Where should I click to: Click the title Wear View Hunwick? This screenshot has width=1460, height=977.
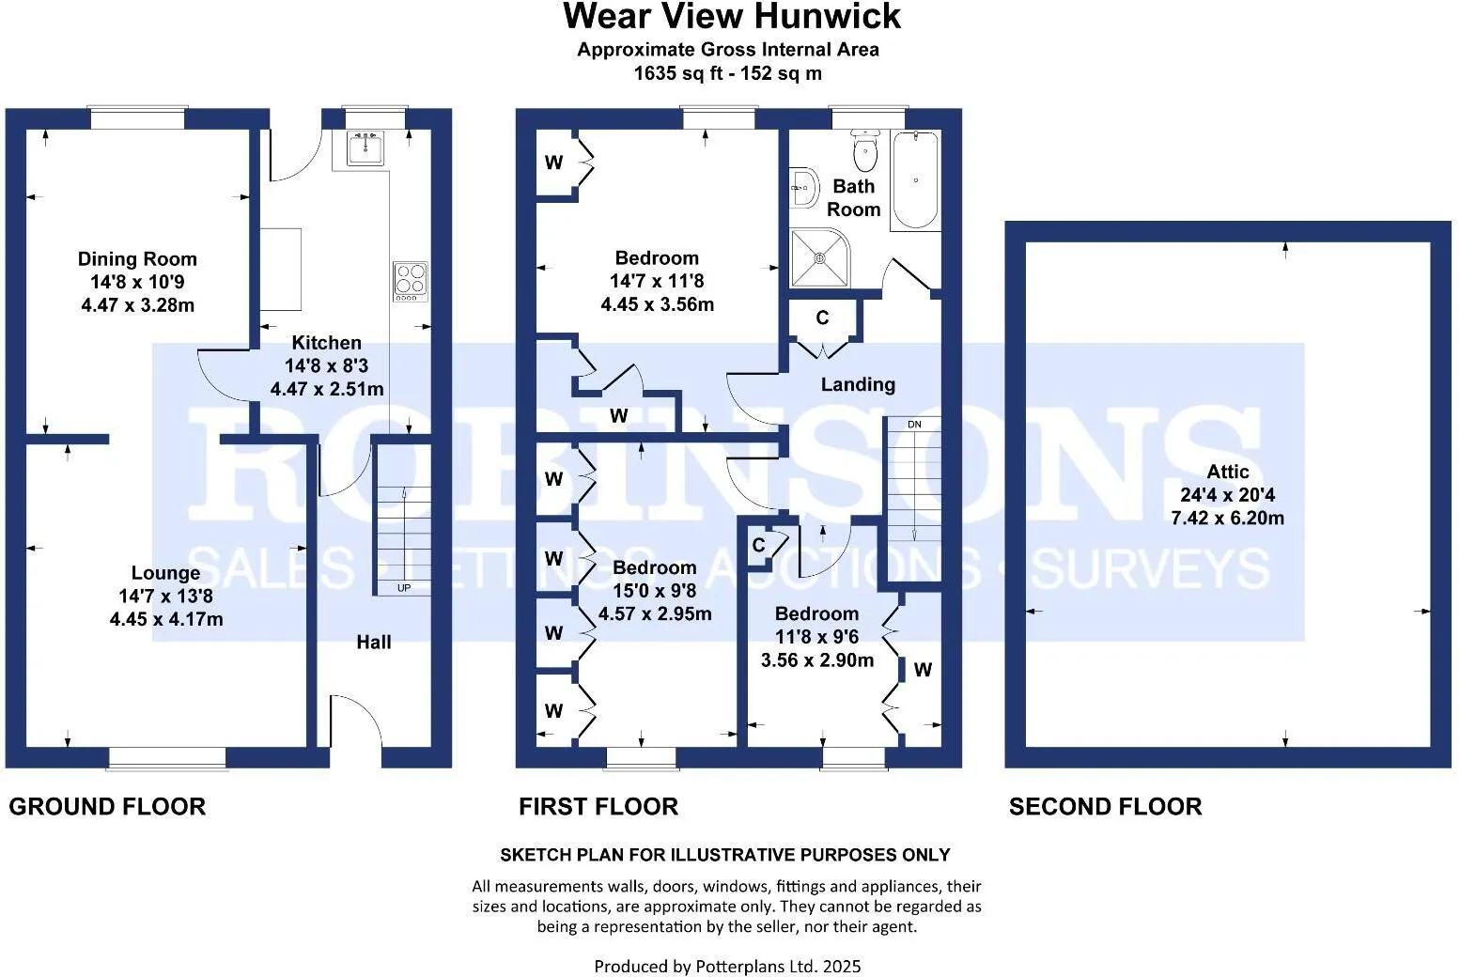coord(731,17)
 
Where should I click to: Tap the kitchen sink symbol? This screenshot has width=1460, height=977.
coord(365,147)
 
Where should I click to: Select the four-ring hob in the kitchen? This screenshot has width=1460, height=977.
coord(411,280)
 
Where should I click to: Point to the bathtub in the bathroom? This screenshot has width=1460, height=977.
coord(915,180)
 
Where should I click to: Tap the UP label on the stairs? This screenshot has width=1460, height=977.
coord(404,588)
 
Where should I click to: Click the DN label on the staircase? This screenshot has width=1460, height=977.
coord(914,425)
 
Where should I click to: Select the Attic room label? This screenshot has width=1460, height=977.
coord(1228,472)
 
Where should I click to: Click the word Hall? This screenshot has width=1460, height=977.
coord(373,643)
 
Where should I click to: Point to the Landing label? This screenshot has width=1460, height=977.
coord(858,384)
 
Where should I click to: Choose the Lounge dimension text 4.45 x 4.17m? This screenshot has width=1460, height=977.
coord(166,619)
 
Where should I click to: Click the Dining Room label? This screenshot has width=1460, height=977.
coord(137,259)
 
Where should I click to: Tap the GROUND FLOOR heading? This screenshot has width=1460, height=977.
coord(107,806)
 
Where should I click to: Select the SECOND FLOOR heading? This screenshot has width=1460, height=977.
coord(1105,806)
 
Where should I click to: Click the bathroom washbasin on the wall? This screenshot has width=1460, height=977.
coord(804,188)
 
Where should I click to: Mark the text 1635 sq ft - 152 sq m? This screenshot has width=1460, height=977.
coord(728,73)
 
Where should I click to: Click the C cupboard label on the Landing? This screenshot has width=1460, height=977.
coord(822,318)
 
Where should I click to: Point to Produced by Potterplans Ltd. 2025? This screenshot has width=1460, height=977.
coord(727,966)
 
